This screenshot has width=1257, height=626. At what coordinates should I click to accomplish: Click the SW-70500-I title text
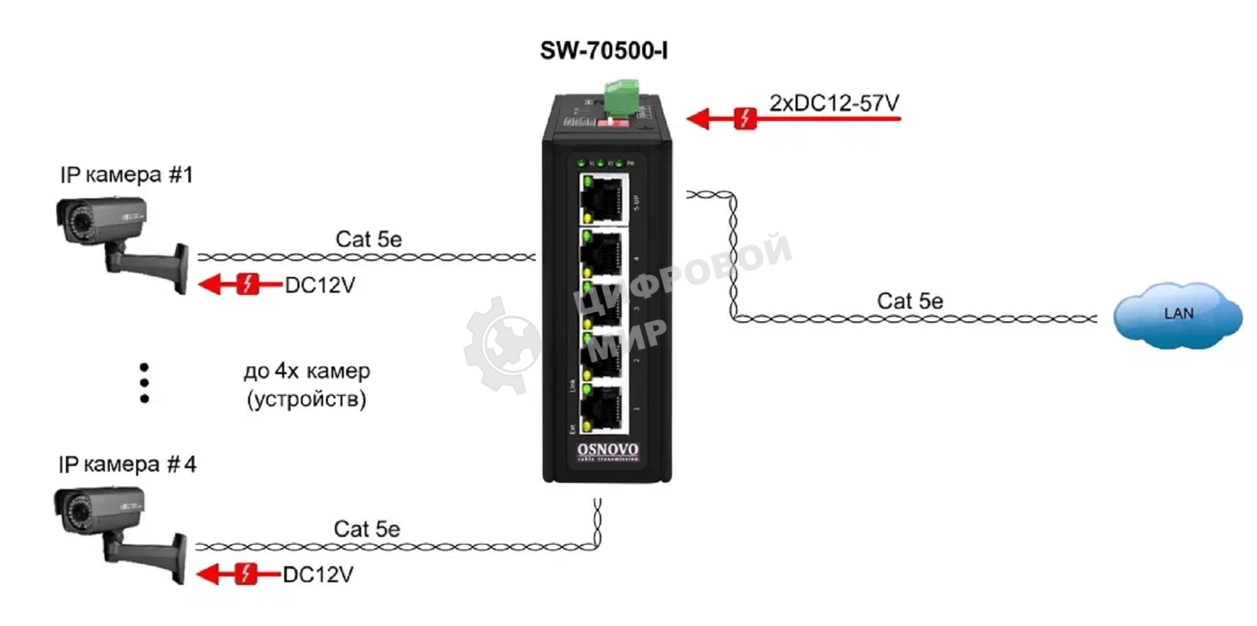pyautogui.click(x=604, y=51)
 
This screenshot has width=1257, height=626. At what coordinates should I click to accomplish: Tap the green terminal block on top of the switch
pyautogui.click(x=621, y=97)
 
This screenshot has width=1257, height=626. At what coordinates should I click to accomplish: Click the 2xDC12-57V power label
pyautogui.click(x=834, y=103)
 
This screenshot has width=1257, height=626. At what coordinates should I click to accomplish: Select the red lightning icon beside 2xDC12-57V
pyautogui.click(x=745, y=118)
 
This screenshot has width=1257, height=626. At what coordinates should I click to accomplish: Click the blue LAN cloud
pyautogui.click(x=1177, y=314)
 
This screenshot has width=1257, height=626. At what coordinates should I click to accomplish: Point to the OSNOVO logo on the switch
pyautogui.click(x=607, y=451)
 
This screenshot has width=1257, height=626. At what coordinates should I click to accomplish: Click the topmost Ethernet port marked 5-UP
pyautogui.click(x=603, y=199)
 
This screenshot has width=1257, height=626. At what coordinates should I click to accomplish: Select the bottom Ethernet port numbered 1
pyautogui.click(x=603, y=409)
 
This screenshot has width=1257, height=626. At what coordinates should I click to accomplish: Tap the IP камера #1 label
pyautogui.click(x=126, y=175)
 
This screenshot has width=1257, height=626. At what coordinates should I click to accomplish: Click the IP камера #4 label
pyautogui.click(x=127, y=464)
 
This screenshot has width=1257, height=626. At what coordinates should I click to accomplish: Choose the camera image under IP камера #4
pyautogui.click(x=119, y=532)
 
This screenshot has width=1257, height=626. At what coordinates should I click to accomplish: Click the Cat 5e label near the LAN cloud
pyautogui.click(x=910, y=301)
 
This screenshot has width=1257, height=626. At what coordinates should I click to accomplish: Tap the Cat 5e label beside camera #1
pyautogui.click(x=368, y=239)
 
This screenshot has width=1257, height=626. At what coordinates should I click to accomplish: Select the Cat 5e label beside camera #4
pyautogui.click(x=367, y=529)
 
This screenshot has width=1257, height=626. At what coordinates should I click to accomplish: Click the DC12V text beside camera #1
pyautogui.click(x=320, y=285)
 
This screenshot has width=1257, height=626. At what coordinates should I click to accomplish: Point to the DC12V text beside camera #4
pyautogui.click(x=318, y=575)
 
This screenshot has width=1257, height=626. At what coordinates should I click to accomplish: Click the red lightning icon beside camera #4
pyautogui.click(x=245, y=574)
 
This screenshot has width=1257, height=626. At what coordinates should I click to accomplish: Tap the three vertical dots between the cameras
pyautogui.click(x=144, y=383)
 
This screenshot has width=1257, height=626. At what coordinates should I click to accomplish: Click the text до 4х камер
pyautogui.click(x=306, y=371)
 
